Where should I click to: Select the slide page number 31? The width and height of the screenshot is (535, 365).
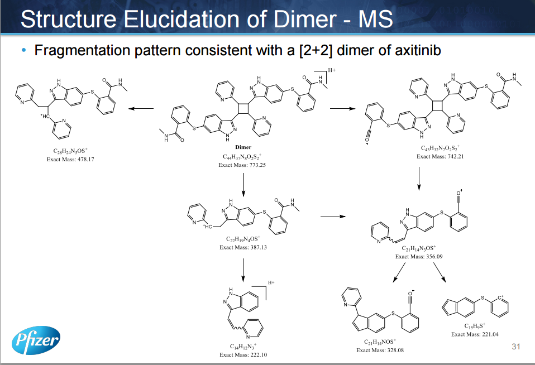click(515, 347)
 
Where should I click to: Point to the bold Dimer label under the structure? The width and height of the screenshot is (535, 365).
click(243, 147)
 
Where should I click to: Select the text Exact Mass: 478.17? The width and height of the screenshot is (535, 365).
click(70, 159)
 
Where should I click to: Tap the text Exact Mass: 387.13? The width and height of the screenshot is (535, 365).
click(243, 247)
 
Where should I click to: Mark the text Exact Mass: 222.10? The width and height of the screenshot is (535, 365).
click(243, 354)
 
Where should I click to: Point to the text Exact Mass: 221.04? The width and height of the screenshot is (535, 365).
click(475, 334)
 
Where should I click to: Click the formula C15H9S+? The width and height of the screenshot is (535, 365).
click(475, 326)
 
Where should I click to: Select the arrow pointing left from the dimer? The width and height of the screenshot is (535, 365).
click(142, 109)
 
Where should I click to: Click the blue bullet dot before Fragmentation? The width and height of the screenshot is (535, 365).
click(23, 51)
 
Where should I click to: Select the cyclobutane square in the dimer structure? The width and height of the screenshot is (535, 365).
click(243, 107)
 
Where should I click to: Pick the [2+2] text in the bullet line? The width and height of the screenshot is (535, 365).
click(316, 51)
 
